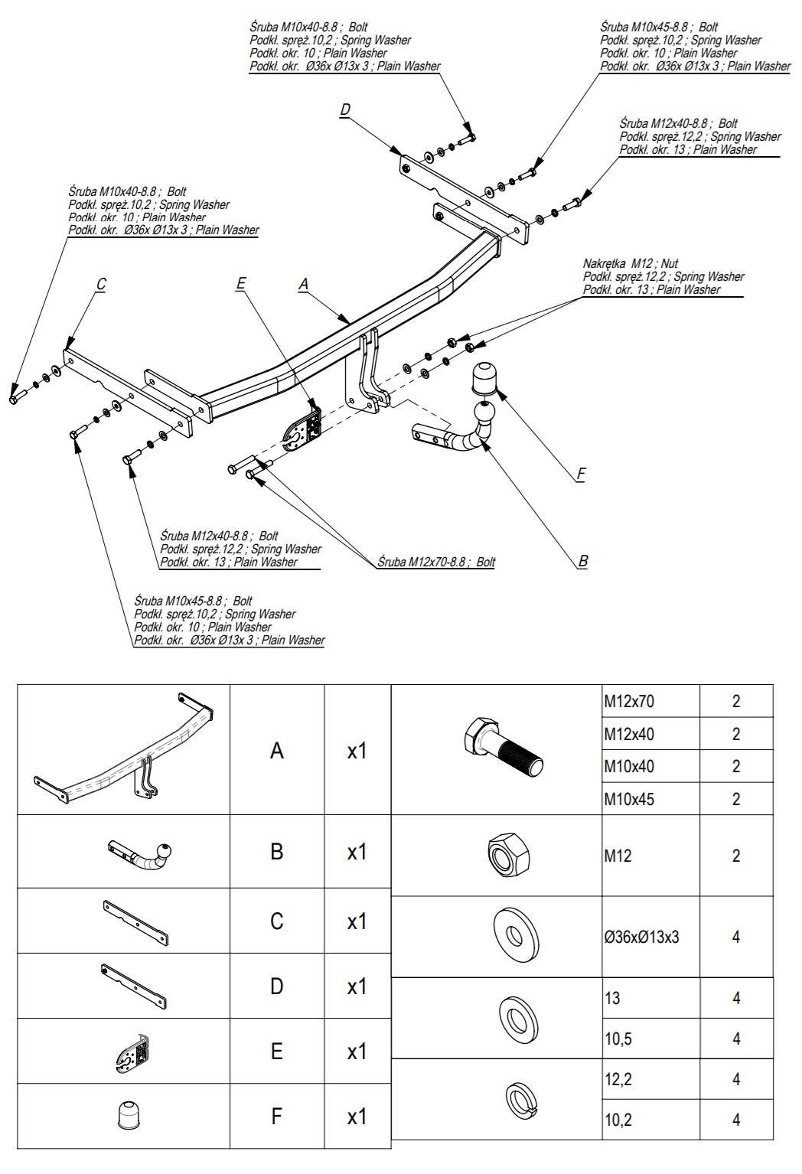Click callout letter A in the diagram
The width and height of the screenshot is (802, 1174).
(304, 284)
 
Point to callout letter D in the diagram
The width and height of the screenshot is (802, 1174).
(345, 110)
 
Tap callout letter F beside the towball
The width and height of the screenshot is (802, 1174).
(581, 474)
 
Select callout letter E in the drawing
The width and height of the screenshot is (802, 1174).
(241, 284)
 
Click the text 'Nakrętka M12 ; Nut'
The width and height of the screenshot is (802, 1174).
(631, 263)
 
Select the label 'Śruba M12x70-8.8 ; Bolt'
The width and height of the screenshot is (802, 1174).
(436, 562)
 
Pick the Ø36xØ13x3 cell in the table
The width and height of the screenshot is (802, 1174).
(641, 937)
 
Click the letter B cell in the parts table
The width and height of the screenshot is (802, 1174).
(277, 852)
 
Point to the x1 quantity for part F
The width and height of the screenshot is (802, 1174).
(357, 1117)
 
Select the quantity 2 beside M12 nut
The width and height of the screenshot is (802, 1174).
(736, 856)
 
